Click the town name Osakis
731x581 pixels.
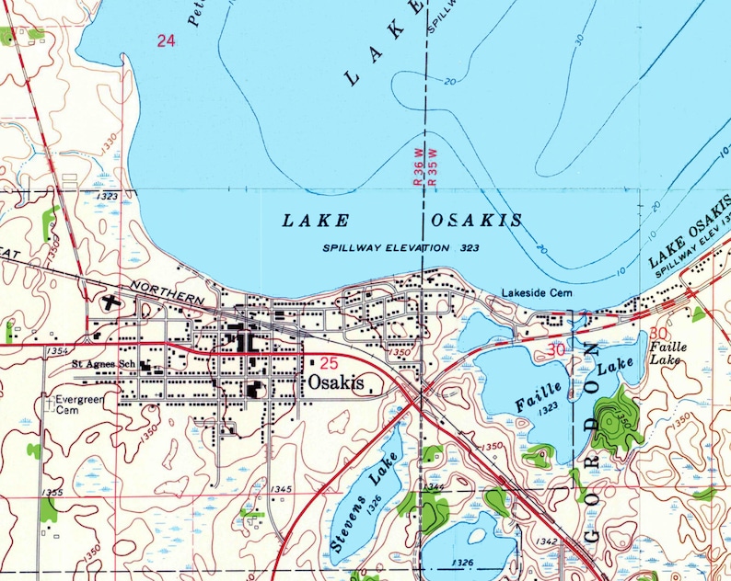(336, 382)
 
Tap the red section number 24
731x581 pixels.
(166, 40)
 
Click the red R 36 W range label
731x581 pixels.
(419, 172)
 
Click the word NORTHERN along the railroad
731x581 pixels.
(167, 293)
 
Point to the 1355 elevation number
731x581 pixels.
(52, 494)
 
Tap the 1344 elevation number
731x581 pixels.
(436, 486)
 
